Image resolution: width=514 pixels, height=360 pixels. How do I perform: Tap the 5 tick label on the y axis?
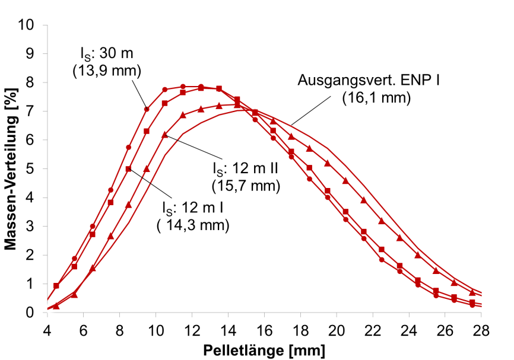point(36,169)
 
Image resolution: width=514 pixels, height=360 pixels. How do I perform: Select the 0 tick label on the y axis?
point(36,313)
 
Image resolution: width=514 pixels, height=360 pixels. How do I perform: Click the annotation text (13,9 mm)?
point(106,71)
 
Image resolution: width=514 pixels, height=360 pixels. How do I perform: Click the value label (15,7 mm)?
point(245,186)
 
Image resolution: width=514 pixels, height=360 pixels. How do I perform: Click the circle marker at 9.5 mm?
point(147,109)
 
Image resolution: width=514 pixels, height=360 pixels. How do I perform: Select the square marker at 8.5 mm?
point(128,169)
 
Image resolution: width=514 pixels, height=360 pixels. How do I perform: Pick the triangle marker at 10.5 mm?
point(165,135)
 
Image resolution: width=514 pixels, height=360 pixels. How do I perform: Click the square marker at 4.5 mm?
point(56,286)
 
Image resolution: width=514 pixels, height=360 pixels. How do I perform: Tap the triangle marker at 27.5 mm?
point(472,292)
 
